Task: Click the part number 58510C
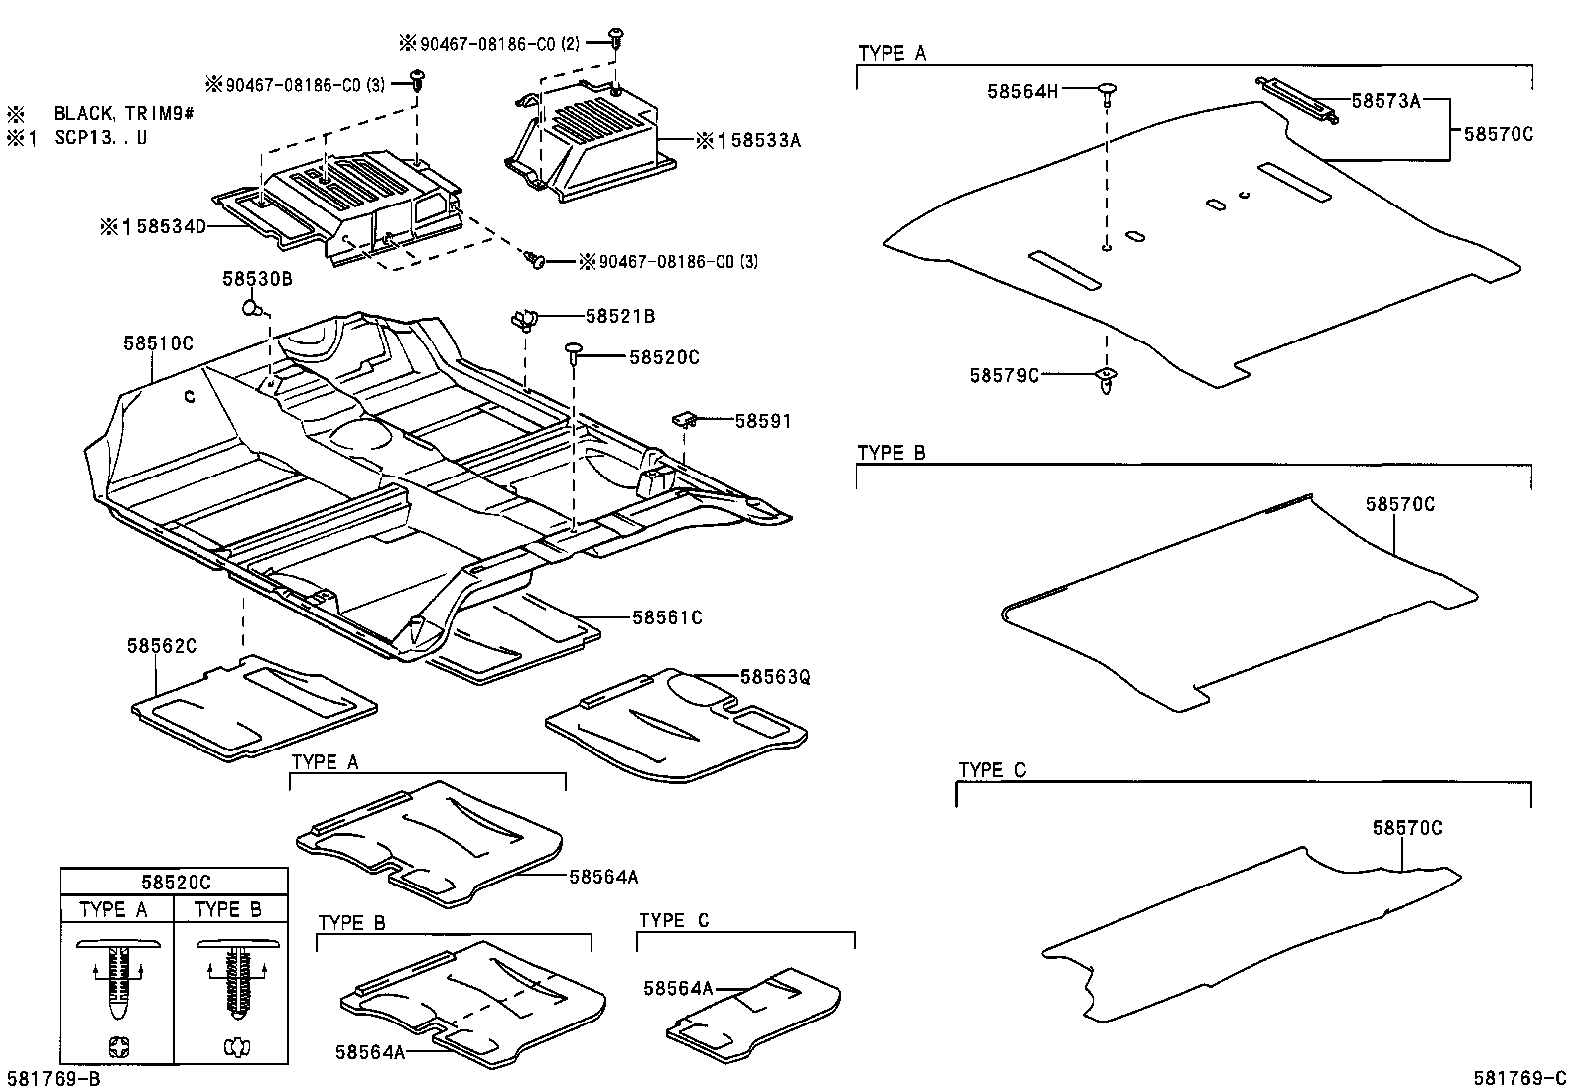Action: [158, 343]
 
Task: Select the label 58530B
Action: [257, 279]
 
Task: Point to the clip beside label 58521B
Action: [523, 320]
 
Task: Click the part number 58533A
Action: [756, 140]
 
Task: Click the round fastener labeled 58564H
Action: [1108, 93]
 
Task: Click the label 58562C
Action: [162, 645]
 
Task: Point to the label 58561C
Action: [667, 617]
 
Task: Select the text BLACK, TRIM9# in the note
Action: [123, 114]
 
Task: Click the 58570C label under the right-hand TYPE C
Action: [1407, 827]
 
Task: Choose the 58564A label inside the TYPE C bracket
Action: [678, 988]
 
